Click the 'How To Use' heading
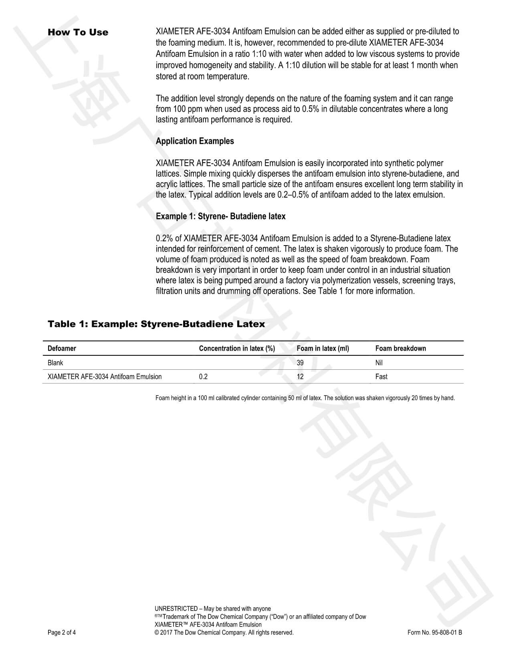tap(78, 32)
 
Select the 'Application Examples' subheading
tap(195, 141)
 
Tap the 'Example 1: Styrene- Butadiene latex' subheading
tap(220, 216)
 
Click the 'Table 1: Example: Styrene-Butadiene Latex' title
tap(156, 324)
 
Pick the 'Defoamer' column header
tap(62, 349)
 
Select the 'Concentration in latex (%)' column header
tap(237, 349)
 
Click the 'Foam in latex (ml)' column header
tap(323, 349)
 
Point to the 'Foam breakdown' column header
tap(400, 349)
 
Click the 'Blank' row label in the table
tap(55, 363)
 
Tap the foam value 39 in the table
tap(300, 363)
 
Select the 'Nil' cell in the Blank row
tap(379, 363)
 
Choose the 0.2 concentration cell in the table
tap(203, 377)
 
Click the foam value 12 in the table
tap(300, 377)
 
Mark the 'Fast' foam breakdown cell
tap(381, 377)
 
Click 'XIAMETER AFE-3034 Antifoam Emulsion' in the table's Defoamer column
tap(105, 377)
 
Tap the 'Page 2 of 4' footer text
tap(62, 633)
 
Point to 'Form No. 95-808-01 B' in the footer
tap(434, 633)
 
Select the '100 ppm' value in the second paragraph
tap(188, 109)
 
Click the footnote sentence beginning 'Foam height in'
tap(305, 398)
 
